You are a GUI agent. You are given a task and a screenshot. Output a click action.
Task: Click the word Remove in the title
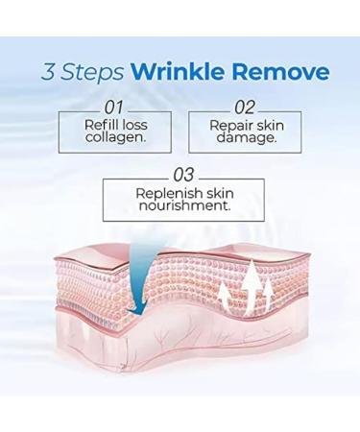tap(281, 73)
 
